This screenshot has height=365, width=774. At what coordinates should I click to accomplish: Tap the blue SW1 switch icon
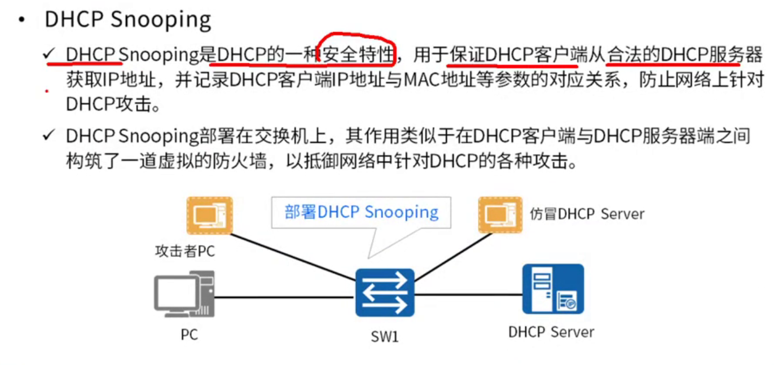(385, 292)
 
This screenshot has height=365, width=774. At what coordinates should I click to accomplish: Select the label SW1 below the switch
(385, 337)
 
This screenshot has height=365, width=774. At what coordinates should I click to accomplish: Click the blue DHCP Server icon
(552, 289)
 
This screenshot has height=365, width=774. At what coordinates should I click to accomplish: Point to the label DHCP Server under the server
(551, 331)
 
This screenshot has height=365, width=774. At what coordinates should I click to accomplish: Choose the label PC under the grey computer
(189, 335)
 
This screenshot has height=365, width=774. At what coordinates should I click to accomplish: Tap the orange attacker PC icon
(209, 215)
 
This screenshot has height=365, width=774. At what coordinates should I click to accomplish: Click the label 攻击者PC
(185, 251)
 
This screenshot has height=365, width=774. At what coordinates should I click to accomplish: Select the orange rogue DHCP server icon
(500, 215)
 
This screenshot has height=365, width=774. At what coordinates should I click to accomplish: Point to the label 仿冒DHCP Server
(587, 214)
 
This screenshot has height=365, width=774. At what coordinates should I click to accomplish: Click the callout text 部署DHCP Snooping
(362, 212)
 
